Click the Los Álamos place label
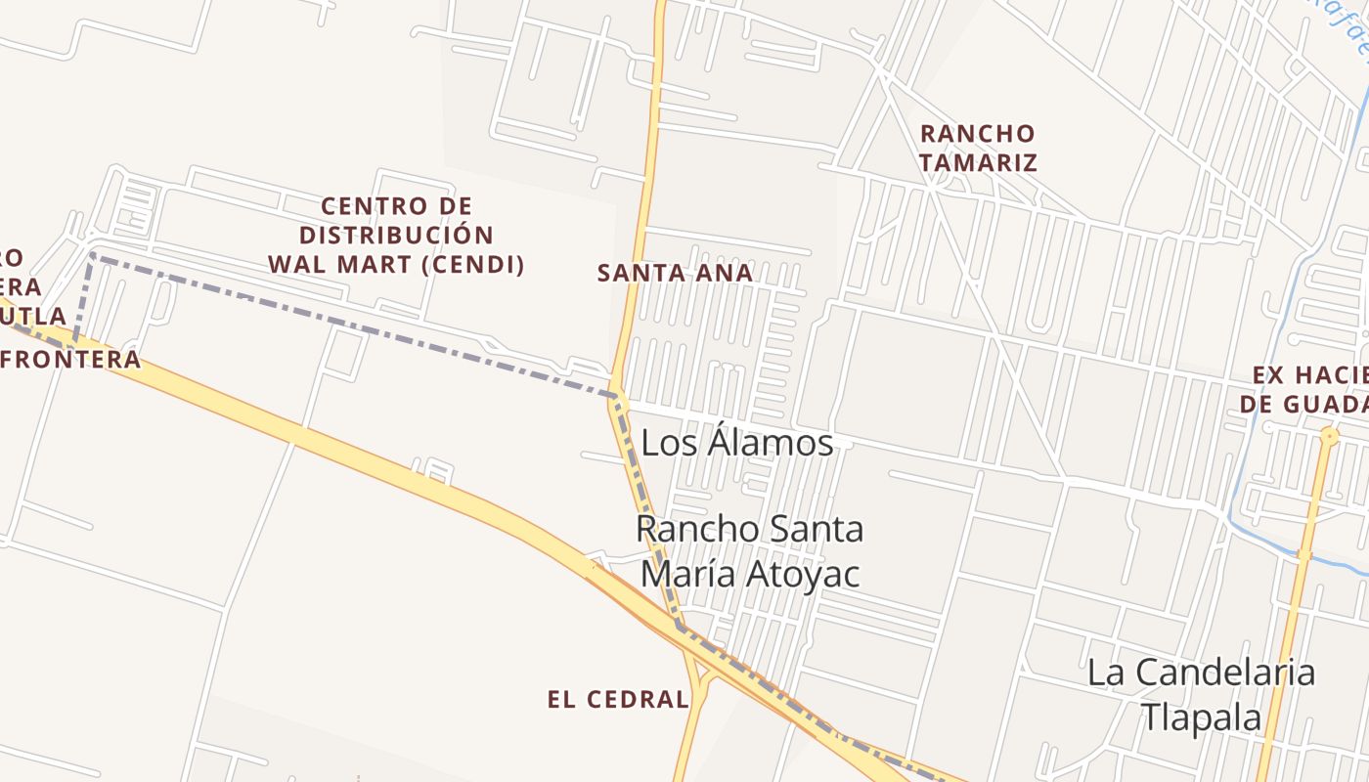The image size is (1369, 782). [x=737, y=443]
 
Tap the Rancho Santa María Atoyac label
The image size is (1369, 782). [x=750, y=550]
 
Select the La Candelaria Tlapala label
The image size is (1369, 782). [x=1201, y=694]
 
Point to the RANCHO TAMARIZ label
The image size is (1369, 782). [x=978, y=148]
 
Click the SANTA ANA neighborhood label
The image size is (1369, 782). [x=675, y=273]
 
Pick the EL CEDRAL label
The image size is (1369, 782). [x=618, y=699]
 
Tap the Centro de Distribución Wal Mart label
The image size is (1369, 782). [x=396, y=235]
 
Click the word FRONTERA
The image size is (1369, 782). [x=70, y=360]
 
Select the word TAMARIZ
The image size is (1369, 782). [x=978, y=162]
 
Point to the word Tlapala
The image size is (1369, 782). [x=1202, y=717]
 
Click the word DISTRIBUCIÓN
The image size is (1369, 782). [x=396, y=236]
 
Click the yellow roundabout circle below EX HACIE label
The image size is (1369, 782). [x=1328, y=437]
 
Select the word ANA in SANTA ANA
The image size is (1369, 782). [x=727, y=273]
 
